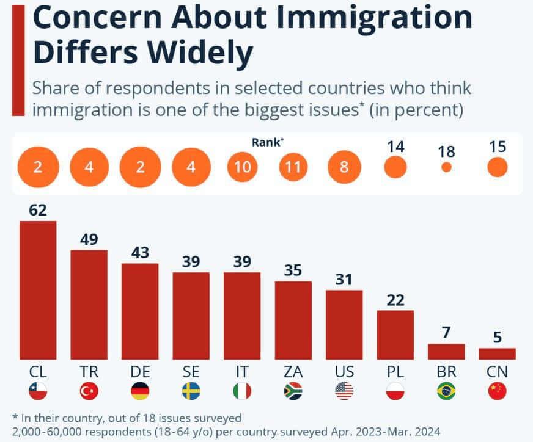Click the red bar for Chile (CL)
click(x=38, y=290)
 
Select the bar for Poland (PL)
click(x=395, y=335)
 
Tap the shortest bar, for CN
click(x=497, y=353)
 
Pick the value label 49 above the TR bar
click(x=89, y=239)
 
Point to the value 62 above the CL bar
click(x=38, y=210)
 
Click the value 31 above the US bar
click(x=344, y=280)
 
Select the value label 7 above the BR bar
click(x=446, y=333)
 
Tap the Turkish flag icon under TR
click(x=89, y=391)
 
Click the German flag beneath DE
click(x=140, y=391)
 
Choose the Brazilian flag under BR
click(x=446, y=391)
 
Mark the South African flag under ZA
click(x=293, y=391)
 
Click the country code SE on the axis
click(x=191, y=372)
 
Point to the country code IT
click(x=242, y=372)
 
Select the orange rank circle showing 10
click(x=243, y=167)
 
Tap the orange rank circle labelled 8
click(x=344, y=167)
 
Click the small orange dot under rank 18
click(x=446, y=167)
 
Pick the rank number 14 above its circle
click(x=395, y=147)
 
